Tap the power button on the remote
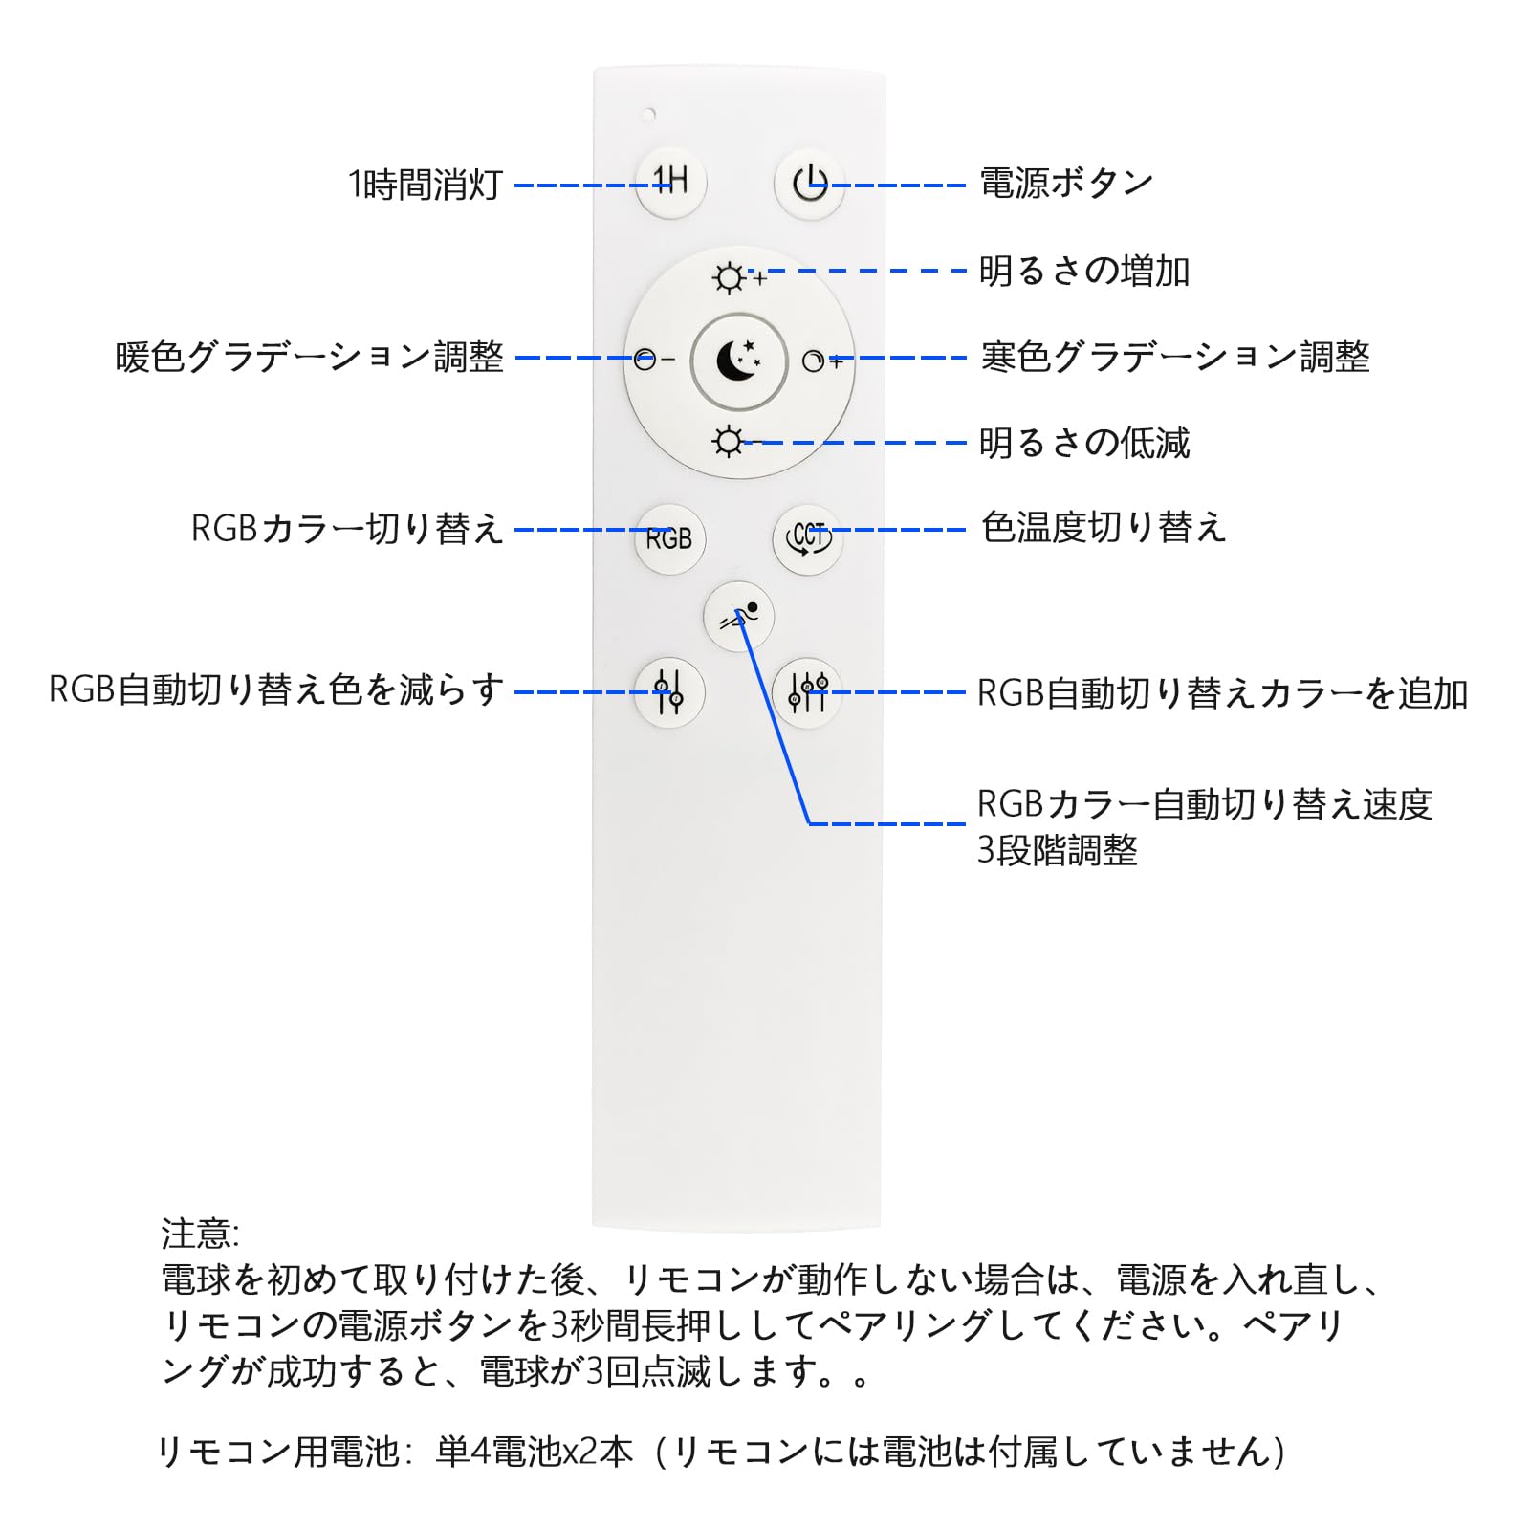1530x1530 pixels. (809, 183)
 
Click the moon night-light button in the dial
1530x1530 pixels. (738, 361)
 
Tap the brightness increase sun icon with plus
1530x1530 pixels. (731, 278)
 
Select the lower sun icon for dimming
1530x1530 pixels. (728, 442)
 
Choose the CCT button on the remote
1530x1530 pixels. (808, 537)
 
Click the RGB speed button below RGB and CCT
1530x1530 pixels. (738, 617)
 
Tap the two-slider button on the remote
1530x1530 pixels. (669, 692)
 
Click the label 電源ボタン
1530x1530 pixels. (1066, 183)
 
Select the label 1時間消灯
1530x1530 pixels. (425, 185)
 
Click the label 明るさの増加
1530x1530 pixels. (1084, 272)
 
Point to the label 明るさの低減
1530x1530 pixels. (1084, 443)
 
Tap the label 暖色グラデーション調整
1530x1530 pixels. (310, 358)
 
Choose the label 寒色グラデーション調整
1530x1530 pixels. (1175, 358)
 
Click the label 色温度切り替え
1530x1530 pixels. (1104, 528)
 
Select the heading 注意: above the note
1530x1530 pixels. (200, 1234)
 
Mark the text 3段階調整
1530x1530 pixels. (1057, 850)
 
